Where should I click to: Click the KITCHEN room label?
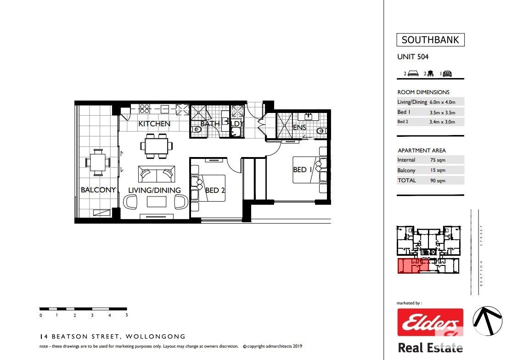tap(154, 124)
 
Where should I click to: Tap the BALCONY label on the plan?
tap(98, 190)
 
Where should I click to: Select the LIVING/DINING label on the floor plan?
tap(154, 190)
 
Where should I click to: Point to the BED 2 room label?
tap(215, 190)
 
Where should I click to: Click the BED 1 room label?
tap(302, 170)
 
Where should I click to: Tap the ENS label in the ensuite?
tap(299, 127)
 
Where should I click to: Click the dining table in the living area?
tap(157, 146)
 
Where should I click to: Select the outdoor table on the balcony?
tap(98, 163)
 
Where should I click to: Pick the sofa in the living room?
tap(157, 174)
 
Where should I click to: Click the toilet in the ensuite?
tap(321, 131)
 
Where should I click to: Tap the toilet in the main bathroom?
tap(197, 129)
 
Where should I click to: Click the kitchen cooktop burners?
tap(144, 108)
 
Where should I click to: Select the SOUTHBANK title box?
tap(430, 40)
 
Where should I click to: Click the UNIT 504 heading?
tap(413, 57)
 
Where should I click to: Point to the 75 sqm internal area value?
tap(438, 160)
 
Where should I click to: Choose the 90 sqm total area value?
tap(438, 180)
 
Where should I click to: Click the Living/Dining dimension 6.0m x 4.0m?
tap(443, 102)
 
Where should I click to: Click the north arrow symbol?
tap(487, 321)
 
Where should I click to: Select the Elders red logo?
tap(430, 322)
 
